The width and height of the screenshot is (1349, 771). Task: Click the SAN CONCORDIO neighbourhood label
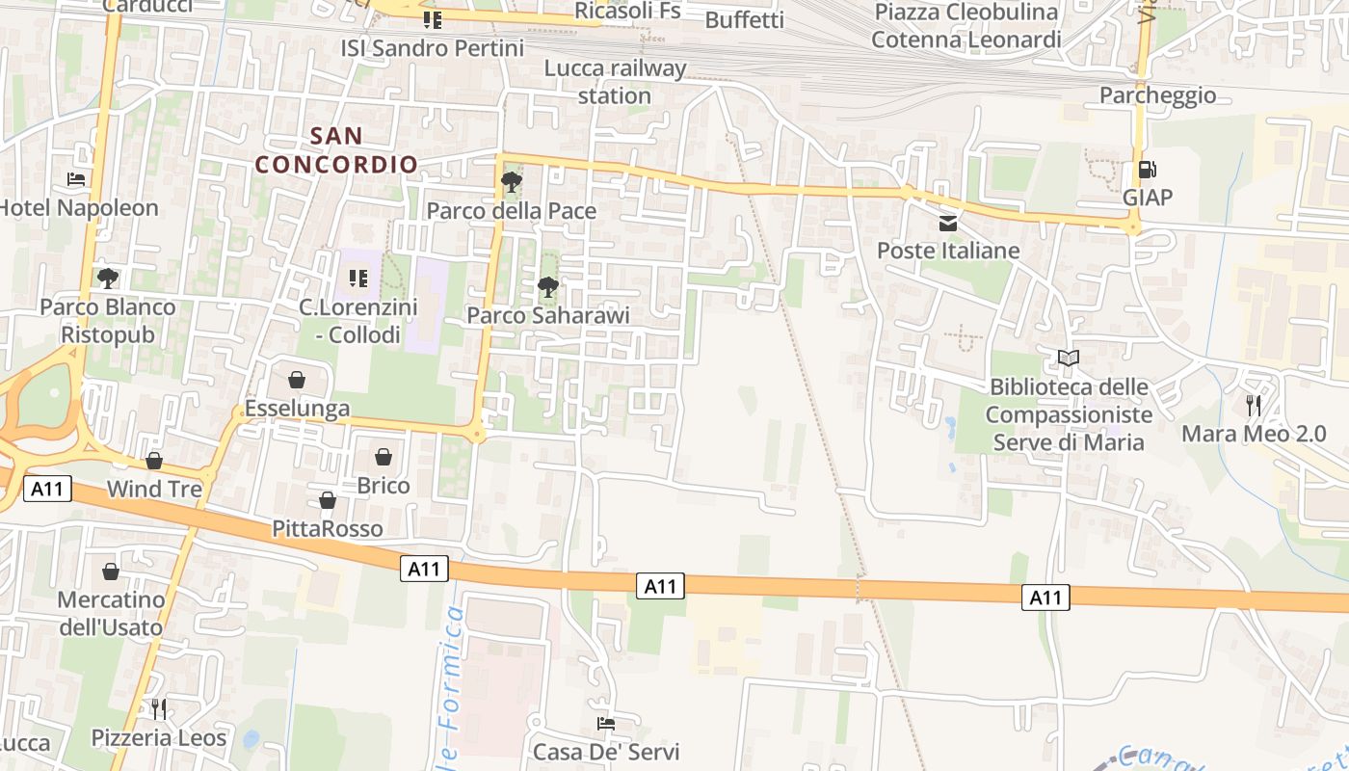[336, 149]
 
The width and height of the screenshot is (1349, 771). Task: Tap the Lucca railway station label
[615, 82]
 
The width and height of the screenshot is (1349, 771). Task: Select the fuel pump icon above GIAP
[1147, 170]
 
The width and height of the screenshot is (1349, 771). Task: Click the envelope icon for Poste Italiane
[948, 224]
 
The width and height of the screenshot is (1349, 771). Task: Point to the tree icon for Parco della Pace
[511, 182]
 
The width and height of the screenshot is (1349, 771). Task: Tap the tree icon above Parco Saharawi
[547, 286]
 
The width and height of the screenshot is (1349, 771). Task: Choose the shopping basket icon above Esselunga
[297, 380]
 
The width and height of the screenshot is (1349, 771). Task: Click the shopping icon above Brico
[384, 457]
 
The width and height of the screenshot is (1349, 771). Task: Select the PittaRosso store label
[327, 528]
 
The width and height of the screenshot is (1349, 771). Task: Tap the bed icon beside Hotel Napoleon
[76, 179]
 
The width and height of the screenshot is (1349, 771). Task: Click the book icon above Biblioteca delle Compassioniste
[1068, 359]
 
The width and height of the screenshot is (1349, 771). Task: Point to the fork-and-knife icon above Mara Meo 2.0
[1253, 405]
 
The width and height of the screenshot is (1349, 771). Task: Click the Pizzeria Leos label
[159, 737]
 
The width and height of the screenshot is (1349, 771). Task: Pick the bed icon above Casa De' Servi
[605, 724]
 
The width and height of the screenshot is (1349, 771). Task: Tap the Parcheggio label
[1157, 95]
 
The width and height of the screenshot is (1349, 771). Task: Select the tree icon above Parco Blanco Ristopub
[106, 279]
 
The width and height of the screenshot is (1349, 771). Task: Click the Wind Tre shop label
[154, 489]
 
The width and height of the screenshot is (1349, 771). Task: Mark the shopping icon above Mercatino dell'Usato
[111, 572]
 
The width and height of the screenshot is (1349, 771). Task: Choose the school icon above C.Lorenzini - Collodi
[357, 279]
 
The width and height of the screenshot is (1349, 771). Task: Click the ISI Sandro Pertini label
[432, 47]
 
